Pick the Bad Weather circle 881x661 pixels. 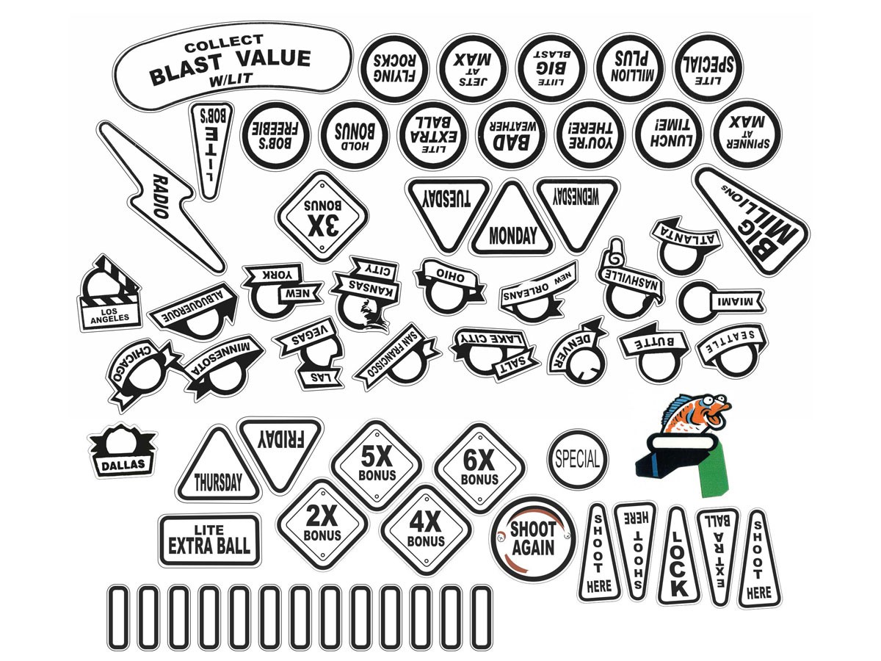[x=512, y=134]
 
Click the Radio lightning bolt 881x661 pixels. [x=160, y=195]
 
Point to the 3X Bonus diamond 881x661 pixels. [x=321, y=217]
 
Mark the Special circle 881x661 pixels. [x=579, y=460]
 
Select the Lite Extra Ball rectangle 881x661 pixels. [x=210, y=540]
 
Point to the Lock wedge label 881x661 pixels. [x=678, y=557]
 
